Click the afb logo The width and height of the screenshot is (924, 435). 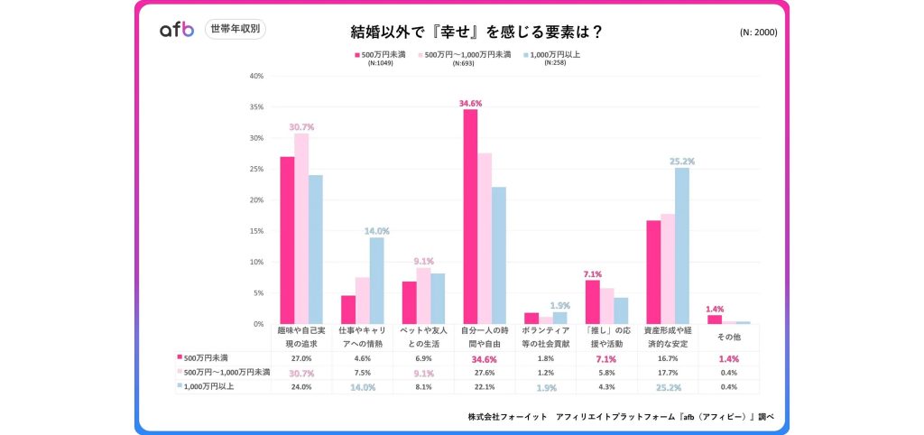(x=177, y=30)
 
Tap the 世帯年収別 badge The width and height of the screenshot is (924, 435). (x=236, y=29)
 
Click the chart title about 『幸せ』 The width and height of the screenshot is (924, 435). (x=477, y=32)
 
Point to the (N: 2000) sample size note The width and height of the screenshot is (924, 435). (x=758, y=32)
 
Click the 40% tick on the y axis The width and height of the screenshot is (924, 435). (x=256, y=76)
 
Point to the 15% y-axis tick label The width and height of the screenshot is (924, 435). (x=256, y=231)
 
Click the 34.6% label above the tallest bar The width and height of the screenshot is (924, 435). (x=470, y=103)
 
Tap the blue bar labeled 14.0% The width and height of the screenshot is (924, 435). (x=376, y=280)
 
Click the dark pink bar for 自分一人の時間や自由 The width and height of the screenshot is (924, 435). (x=470, y=217)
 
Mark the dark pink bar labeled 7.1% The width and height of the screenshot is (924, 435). (x=592, y=301)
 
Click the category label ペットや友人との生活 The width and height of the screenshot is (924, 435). (x=423, y=338)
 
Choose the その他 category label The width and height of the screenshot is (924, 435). (x=728, y=338)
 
